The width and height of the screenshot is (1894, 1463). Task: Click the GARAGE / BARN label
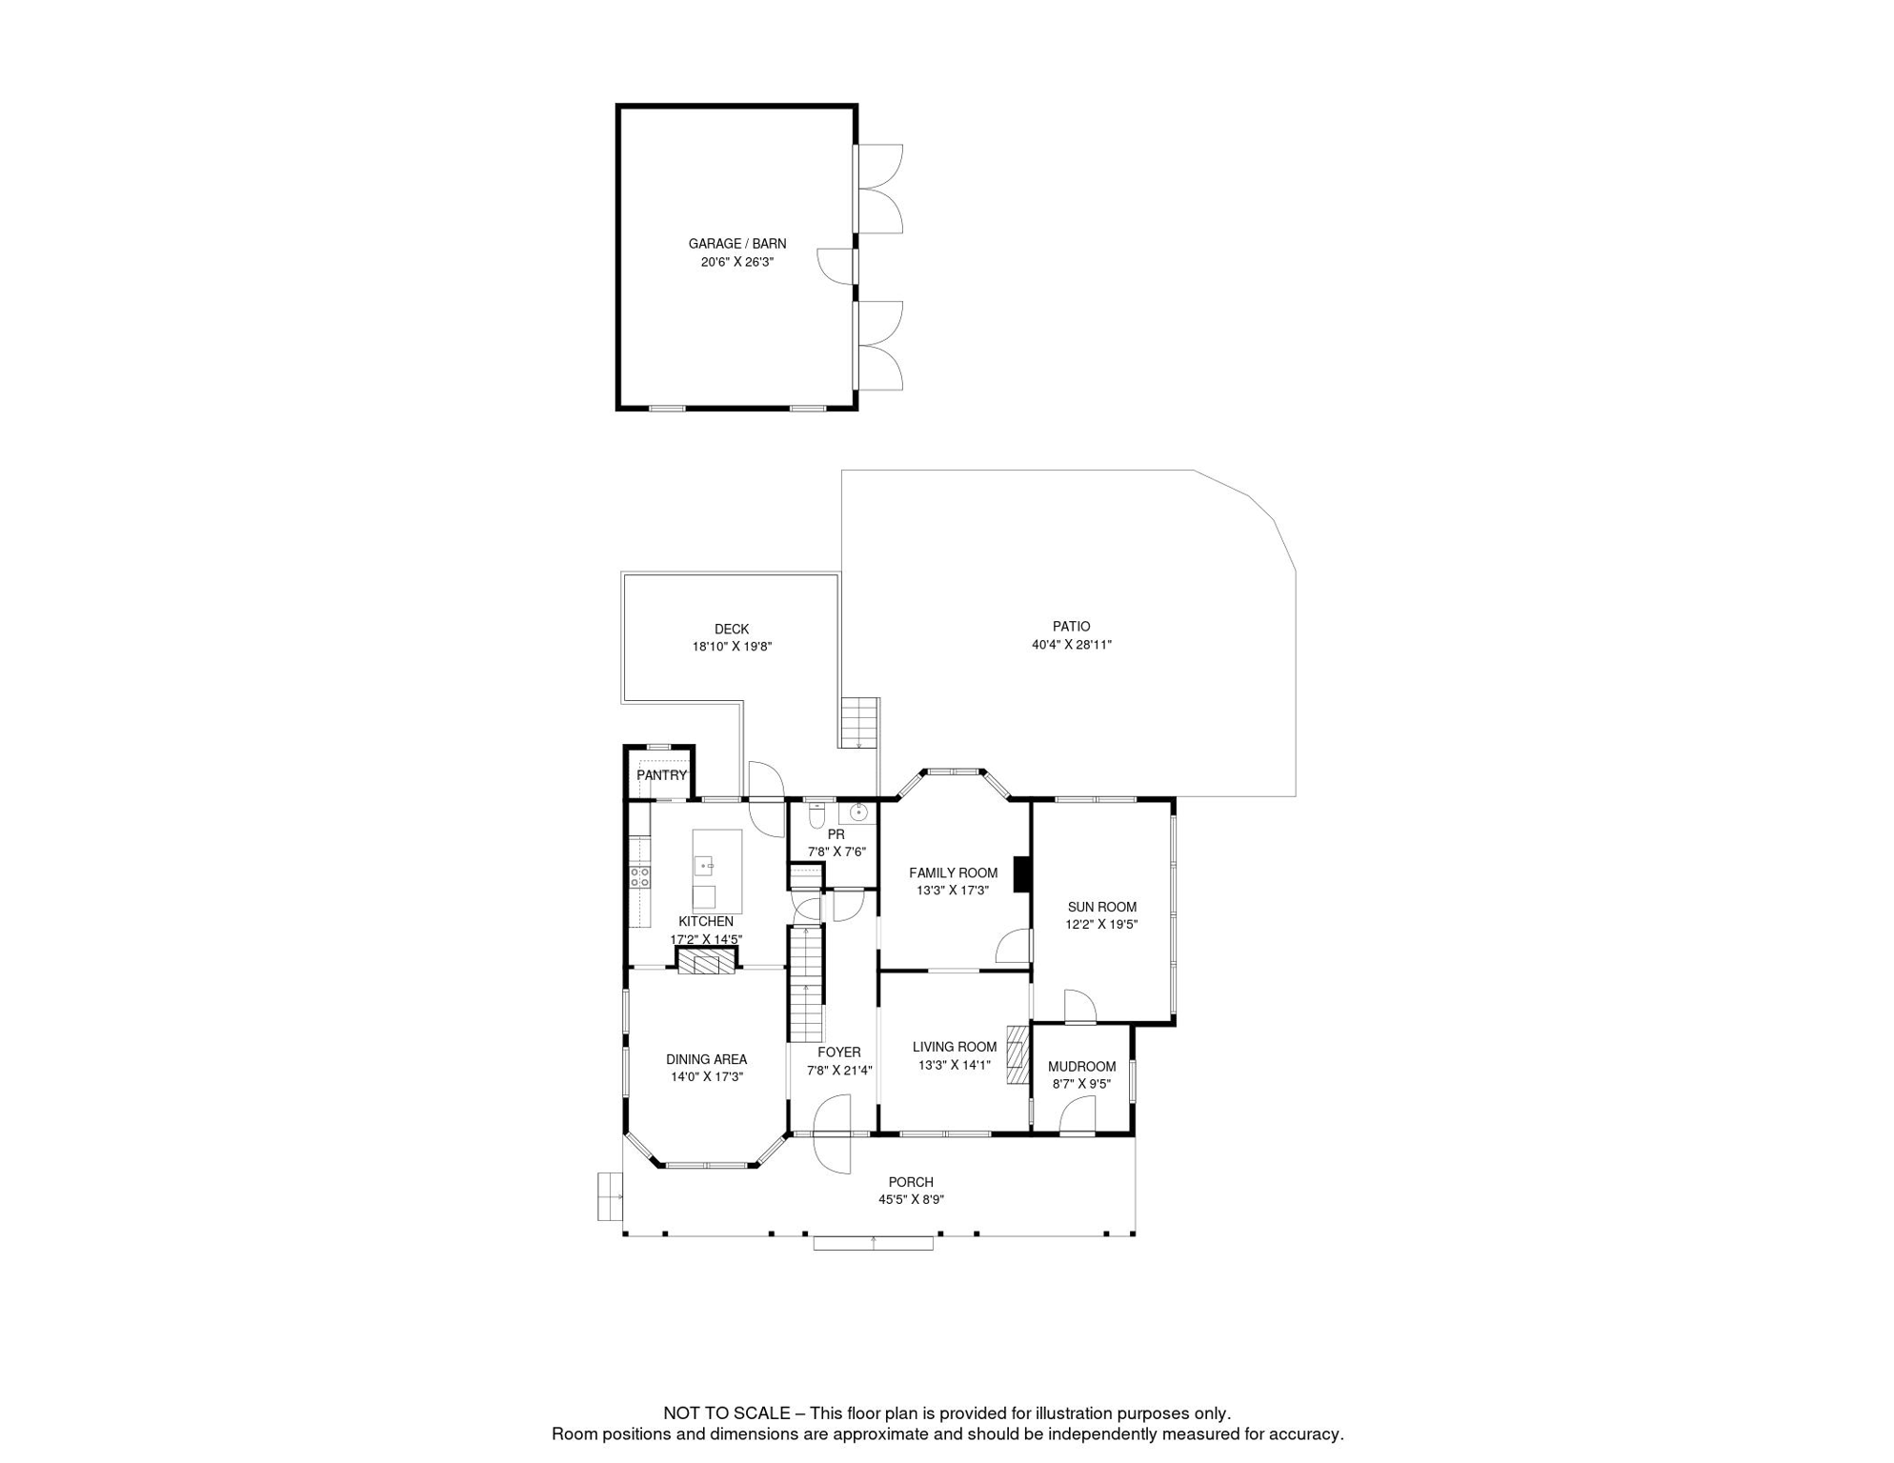pos(737,244)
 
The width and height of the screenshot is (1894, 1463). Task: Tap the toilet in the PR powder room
pos(816,816)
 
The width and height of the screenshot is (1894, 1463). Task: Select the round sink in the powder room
pos(858,812)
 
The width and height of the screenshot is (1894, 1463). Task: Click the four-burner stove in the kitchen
pos(640,877)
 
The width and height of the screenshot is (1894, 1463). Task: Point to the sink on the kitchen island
pos(703,866)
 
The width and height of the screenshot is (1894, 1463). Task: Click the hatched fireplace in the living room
pos(1018,1053)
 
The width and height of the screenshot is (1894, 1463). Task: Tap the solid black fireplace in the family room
pos(1021,874)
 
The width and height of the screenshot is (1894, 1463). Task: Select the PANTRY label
pos(661,775)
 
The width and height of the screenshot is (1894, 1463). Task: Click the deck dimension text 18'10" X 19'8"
pos(732,647)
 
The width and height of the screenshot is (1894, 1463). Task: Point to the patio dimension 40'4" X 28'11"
pos(1072,645)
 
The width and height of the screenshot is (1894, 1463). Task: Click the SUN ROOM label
pos(1102,907)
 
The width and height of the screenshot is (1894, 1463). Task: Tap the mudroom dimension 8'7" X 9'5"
pos(1081,1084)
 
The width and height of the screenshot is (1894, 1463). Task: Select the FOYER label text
pos(839,1052)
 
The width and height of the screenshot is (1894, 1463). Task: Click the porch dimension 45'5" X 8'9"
pos(912,1200)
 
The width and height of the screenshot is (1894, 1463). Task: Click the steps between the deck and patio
pos(858,722)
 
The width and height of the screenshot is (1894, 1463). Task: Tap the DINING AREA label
pos(706,1059)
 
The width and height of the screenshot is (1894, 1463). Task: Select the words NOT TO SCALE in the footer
pos(727,1413)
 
